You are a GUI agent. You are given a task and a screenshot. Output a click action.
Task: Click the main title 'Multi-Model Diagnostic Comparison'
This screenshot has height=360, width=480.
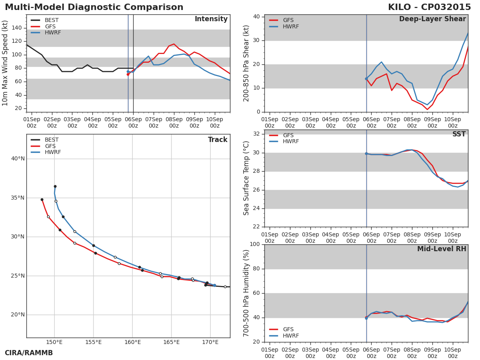click(x=94, y=8)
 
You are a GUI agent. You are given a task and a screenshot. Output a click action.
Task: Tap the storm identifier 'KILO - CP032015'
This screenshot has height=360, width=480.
click(x=429, y=8)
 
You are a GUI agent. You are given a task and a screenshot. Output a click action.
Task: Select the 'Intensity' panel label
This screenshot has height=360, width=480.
click(x=211, y=19)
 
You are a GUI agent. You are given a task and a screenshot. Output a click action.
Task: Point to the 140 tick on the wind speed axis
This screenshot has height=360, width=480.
click(x=16, y=28)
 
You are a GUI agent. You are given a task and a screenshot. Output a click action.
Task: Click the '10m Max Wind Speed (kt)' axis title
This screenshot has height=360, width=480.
click(x=5, y=63)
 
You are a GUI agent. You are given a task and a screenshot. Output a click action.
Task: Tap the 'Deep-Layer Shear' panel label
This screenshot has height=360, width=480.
click(x=432, y=19)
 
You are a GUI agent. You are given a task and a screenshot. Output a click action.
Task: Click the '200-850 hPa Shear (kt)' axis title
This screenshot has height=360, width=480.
click(x=246, y=63)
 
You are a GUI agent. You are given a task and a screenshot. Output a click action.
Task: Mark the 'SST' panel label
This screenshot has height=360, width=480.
click(x=459, y=134)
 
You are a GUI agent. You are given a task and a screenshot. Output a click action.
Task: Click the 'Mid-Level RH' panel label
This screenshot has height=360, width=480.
click(x=441, y=249)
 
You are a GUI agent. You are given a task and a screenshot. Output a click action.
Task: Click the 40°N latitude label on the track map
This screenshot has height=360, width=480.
click(x=18, y=159)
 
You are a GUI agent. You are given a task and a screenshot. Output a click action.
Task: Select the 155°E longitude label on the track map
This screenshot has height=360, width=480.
click(x=93, y=342)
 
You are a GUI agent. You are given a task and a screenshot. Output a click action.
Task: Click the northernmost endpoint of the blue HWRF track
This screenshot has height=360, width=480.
click(x=55, y=186)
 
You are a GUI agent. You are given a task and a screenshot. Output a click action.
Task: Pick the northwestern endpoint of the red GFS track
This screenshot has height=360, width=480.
click(x=42, y=200)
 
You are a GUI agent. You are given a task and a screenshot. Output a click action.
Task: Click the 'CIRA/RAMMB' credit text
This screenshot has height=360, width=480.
click(x=29, y=353)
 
